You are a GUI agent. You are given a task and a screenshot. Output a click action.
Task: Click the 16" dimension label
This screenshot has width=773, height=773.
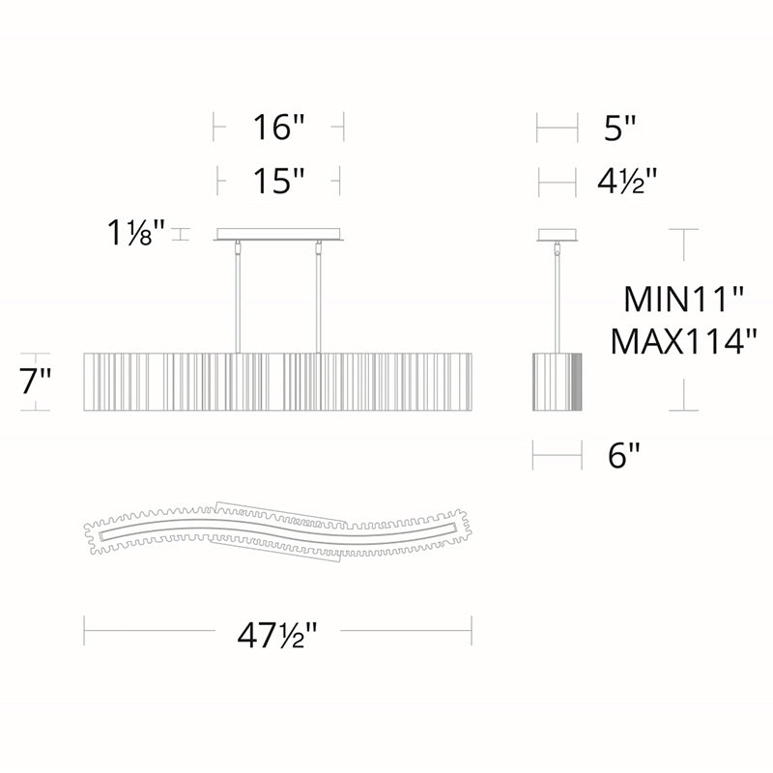point(279,127)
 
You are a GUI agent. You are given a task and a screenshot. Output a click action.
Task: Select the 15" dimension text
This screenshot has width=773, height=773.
point(278,181)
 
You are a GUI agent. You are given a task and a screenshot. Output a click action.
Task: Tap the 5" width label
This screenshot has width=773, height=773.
point(620,128)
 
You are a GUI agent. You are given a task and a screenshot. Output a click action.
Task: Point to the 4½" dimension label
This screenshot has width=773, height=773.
point(627,182)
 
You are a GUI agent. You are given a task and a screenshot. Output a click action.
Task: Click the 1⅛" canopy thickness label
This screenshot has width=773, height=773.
point(135,233)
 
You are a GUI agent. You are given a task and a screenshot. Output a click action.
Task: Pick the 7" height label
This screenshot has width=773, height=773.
point(36,381)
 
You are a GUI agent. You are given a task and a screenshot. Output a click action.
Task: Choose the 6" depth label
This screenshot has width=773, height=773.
point(623,455)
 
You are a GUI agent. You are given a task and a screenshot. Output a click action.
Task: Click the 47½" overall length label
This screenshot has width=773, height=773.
point(277,635)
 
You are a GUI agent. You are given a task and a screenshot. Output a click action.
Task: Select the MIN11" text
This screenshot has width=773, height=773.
point(683,299)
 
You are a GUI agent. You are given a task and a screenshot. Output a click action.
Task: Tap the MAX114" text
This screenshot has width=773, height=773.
point(683,341)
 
